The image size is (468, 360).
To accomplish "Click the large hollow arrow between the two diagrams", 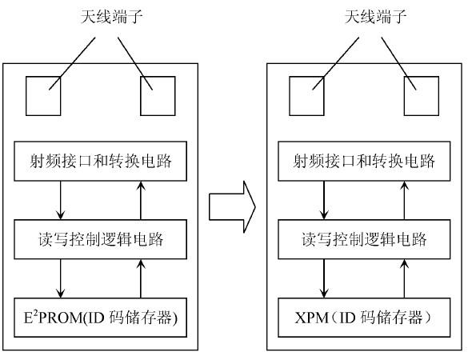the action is pos(232,207).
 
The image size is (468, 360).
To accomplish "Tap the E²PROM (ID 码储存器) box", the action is pos(100,318).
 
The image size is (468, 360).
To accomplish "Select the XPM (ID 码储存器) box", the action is pos(364,318).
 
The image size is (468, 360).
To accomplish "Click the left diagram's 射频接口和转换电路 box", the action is pos(100,161).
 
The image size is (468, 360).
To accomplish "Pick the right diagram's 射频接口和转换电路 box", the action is pos(364,161).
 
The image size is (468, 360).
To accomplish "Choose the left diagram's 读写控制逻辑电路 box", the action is pos(100,239).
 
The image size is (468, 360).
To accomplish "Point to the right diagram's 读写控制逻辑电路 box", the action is pos(364,239).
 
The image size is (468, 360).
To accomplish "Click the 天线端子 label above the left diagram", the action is pos(112,17).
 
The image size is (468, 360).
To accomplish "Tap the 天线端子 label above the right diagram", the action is pos(375,17).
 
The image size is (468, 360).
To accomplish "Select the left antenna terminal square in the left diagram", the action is pos(43,96).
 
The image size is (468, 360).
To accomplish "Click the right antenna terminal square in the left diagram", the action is pos(158,96).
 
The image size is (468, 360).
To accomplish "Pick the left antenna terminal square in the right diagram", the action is pos(307,96).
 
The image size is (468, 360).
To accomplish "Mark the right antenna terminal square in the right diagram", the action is pos(422,96).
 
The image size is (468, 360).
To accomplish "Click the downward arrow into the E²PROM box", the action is pos(61,278).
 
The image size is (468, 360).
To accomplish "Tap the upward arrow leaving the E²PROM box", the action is pos(141,278).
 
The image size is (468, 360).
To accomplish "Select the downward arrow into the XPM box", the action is pos(324,278).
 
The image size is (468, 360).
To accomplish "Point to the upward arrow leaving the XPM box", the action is pos(405,278).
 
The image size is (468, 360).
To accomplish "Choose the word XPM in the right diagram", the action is pos(312,318).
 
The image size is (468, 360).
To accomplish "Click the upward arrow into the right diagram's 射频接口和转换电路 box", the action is pos(405,200).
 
